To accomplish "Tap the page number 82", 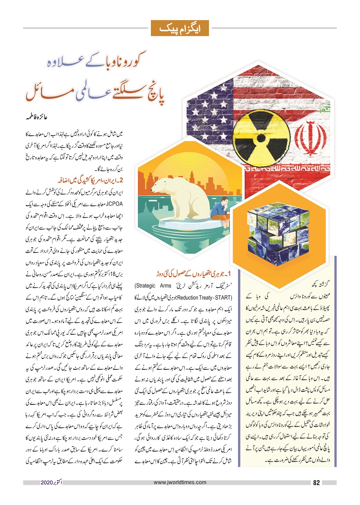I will (316, 483).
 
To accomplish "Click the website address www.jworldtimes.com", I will (180, 483).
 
